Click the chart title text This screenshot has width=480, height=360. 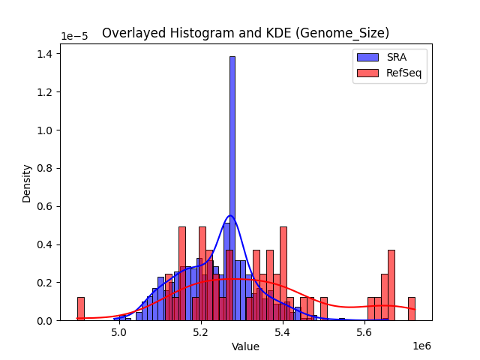245,33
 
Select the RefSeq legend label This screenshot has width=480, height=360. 402,73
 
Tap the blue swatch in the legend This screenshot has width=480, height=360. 367,58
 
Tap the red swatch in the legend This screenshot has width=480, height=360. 367,73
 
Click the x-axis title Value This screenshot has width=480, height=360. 245,346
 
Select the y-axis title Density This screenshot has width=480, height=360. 27,183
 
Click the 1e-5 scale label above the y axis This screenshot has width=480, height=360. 73,37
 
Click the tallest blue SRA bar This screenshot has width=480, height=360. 232,187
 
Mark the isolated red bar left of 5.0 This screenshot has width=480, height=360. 80,309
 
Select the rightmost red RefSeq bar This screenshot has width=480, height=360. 411,309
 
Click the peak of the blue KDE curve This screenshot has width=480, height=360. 230,216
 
